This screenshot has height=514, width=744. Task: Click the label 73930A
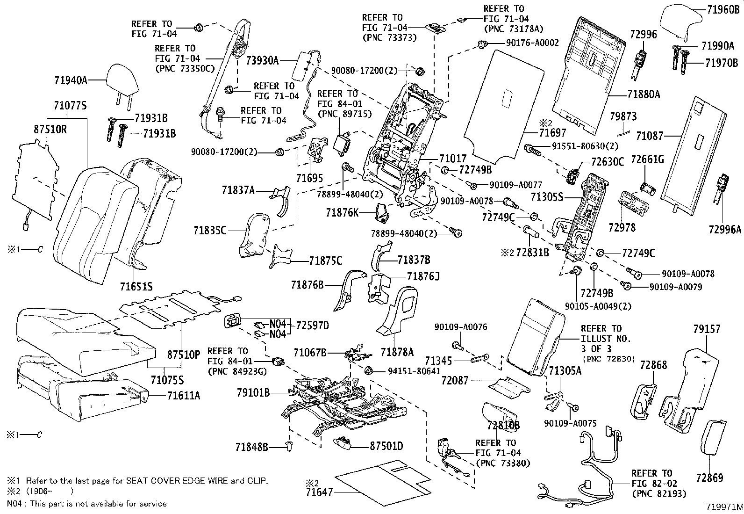(262, 60)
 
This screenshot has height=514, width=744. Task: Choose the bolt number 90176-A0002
(532, 43)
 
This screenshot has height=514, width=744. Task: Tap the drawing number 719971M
(724, 507)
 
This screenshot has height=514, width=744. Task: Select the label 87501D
(386, 446)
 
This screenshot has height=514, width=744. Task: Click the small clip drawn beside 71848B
(288, 448)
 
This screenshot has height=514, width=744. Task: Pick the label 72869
(709, 478)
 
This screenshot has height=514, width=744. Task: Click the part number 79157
(706, 329)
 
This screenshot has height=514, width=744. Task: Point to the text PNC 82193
(659, 493)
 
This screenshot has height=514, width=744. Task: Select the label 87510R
(50, 130)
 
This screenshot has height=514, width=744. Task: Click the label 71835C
(210, 230)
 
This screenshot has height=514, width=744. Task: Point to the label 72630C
(608, 162)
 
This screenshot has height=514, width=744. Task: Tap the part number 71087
(650, 136)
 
